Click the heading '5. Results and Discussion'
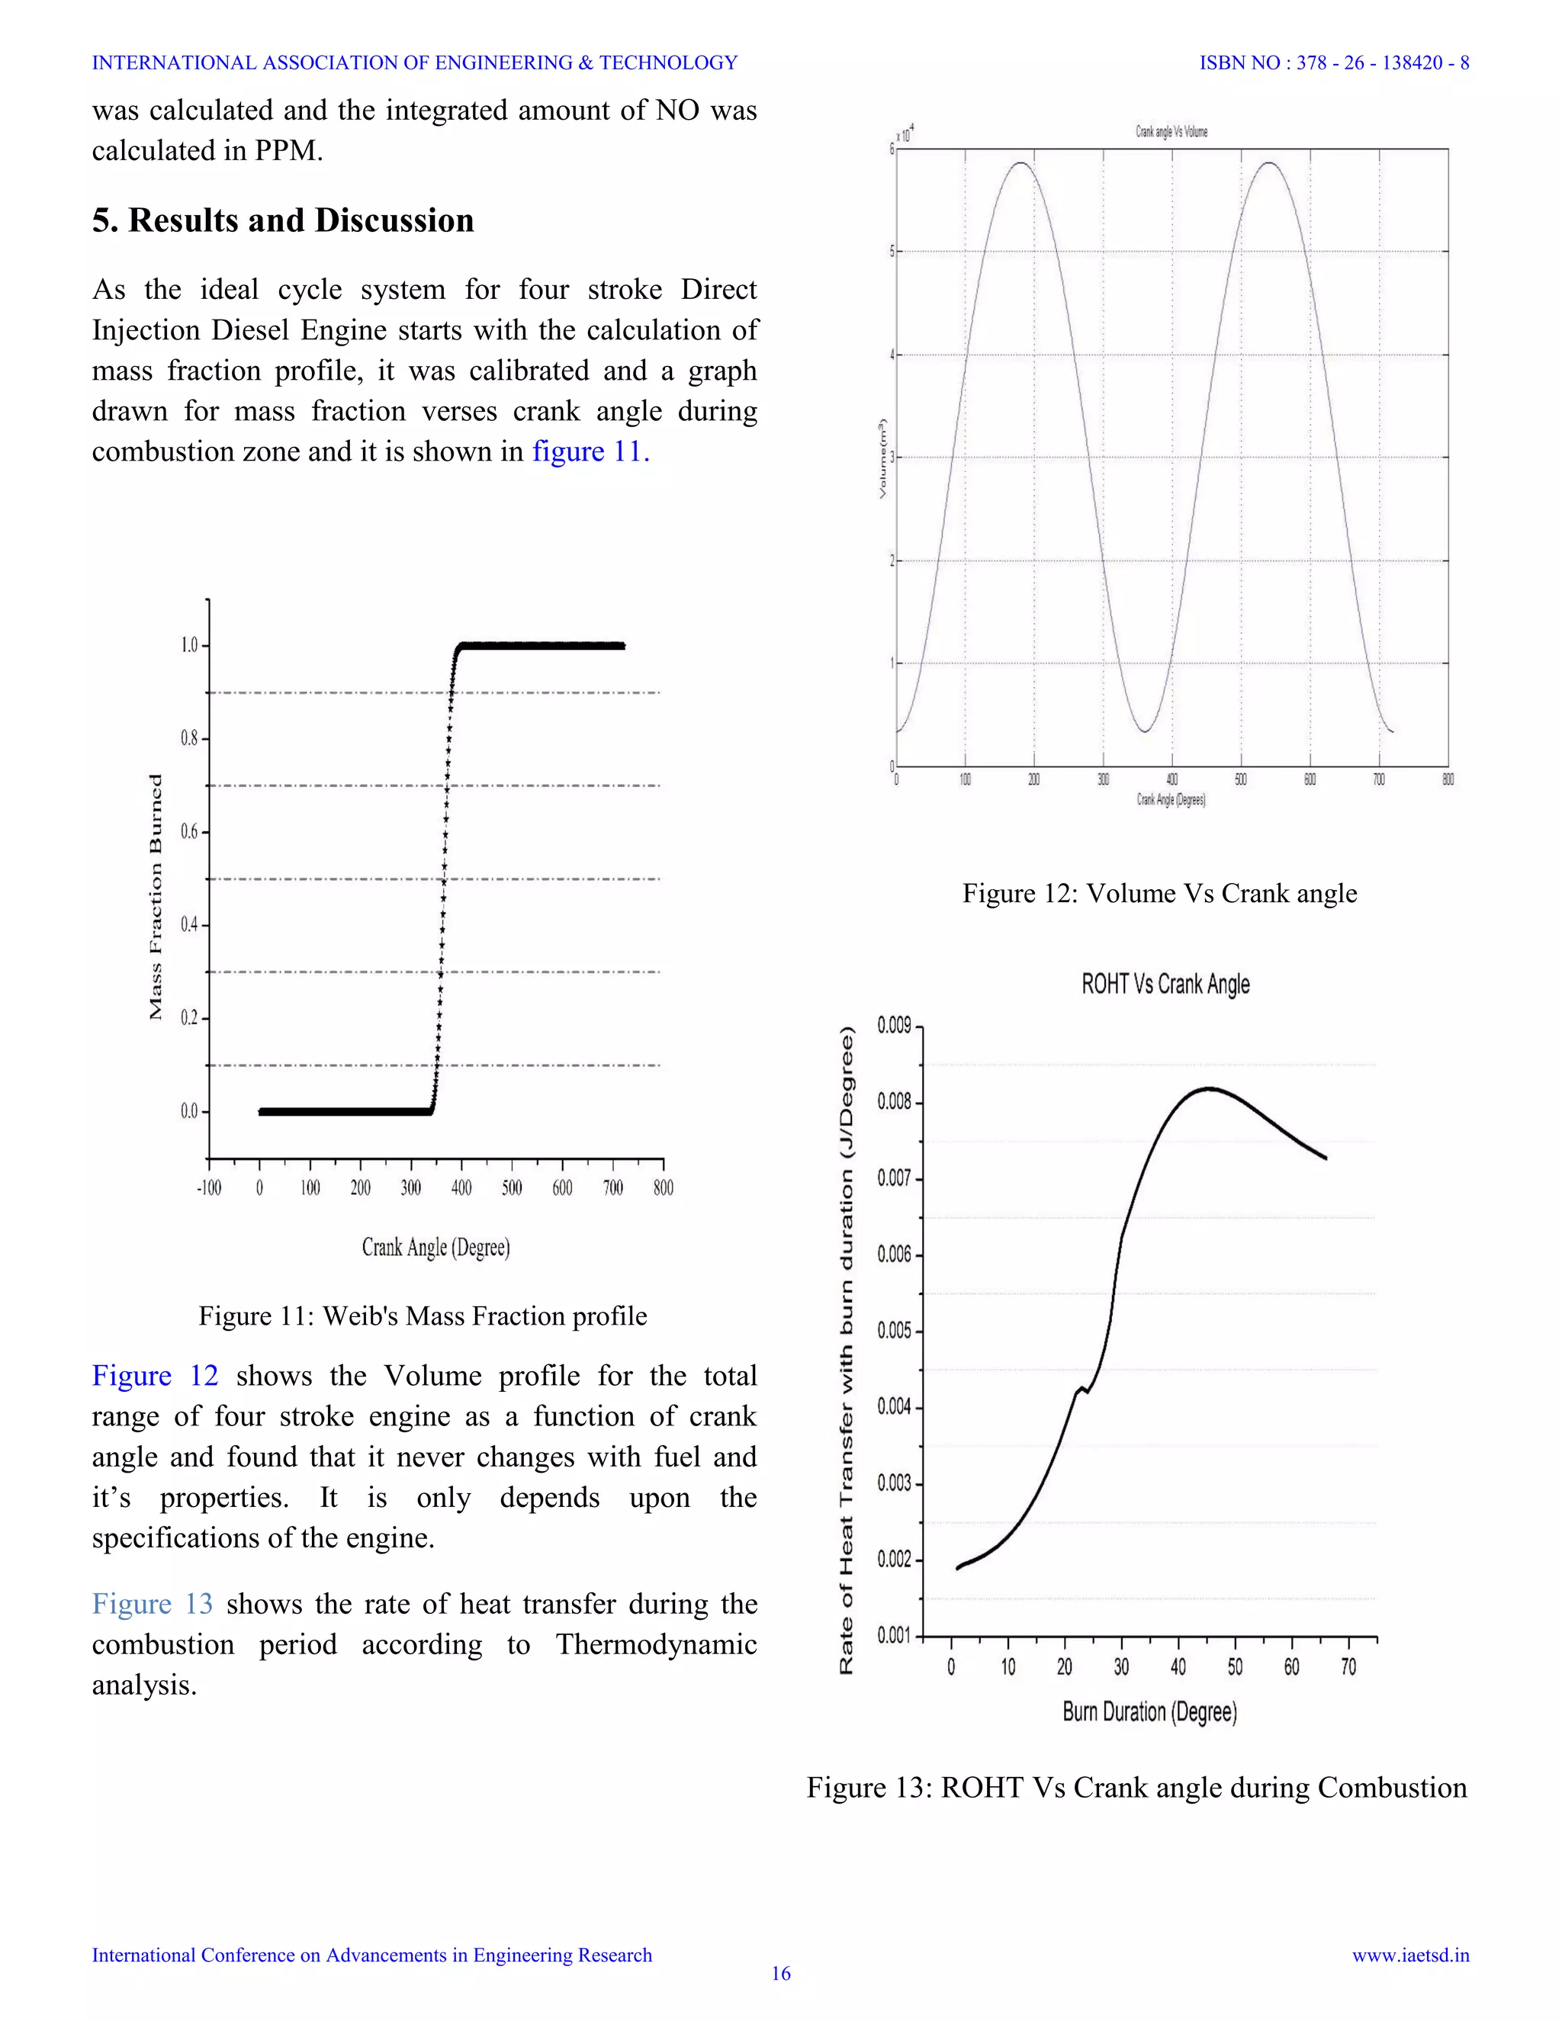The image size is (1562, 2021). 282,220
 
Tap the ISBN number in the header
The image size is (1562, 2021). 1333,63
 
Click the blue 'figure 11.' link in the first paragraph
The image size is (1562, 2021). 590,451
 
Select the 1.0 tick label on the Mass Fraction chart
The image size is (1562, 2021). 189,645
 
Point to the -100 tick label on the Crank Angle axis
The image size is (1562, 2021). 208,1188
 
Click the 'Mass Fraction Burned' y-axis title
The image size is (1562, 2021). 156,897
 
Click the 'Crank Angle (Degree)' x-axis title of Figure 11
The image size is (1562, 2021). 435,1248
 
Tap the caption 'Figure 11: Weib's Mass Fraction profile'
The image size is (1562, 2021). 423,1316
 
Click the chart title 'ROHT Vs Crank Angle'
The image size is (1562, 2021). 1165,984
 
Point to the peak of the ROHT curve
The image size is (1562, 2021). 1209,1089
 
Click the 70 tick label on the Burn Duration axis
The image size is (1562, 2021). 1348,1667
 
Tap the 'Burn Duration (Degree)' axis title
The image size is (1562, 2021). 1149,1712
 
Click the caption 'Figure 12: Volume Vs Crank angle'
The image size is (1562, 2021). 1159,893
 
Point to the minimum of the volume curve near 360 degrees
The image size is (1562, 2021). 1145,732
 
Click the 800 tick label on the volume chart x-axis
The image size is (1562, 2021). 1448,780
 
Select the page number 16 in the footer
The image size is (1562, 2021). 781,1974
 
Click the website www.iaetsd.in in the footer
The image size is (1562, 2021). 1410,1955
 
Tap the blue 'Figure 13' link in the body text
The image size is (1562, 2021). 152,1604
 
